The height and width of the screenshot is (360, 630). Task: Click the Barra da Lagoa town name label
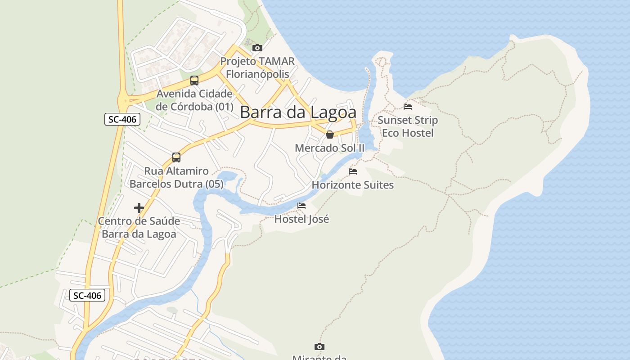coord(298,112)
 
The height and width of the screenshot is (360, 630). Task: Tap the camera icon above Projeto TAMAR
coord(257,48)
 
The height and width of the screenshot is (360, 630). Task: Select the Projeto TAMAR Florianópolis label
coord(257,67)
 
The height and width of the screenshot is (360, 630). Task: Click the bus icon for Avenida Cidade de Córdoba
coord(194,81)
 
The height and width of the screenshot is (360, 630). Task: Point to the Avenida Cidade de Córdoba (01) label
coord(194,100)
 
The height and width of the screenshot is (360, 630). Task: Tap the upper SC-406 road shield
coord(122,119)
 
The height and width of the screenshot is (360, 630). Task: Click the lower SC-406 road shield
coord(87,295)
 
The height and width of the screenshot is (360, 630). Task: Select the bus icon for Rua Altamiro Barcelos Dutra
coord(176,157)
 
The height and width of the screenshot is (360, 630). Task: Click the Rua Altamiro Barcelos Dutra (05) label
coord(176,177)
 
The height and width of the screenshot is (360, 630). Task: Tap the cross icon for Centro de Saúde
coord(139,208)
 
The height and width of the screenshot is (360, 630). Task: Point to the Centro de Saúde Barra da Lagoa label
coord(139,228)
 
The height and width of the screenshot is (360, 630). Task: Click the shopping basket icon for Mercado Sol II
coord(330,134)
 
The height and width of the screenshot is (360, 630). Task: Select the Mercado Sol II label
coord(330,148)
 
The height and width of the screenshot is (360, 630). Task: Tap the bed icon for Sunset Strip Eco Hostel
coord(408,107)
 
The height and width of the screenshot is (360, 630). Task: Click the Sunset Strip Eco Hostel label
coord(408,126)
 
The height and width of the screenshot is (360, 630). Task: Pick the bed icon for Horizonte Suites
coord(353,171)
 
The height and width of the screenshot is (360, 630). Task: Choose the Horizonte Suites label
coord(353,185)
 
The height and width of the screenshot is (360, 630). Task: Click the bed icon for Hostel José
coord(301,206)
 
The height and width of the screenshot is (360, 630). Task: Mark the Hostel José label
coord(301,219)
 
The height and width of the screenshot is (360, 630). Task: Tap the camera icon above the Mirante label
coord(319,346)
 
